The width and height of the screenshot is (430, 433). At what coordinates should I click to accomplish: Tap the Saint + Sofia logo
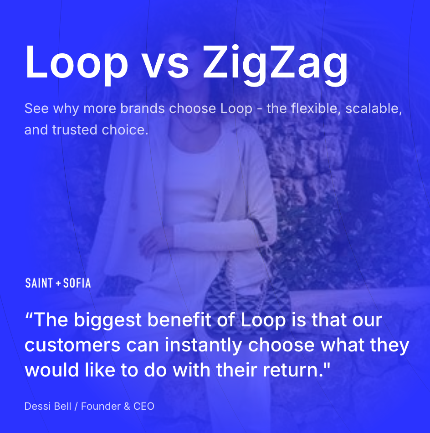(58, 283)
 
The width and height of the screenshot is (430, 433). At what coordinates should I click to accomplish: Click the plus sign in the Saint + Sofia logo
(58, 284)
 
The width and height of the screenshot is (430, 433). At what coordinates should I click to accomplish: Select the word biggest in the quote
(105, 320)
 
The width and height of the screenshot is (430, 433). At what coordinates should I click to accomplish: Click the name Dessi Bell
(48, 406)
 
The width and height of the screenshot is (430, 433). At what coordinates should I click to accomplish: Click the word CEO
(144, 406)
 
